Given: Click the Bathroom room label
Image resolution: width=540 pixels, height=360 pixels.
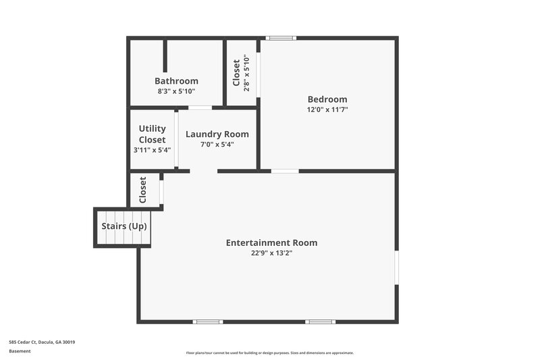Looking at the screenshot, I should (x=176, y=81).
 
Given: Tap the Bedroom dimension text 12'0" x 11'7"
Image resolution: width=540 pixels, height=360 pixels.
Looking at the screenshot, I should (x=327, y=109).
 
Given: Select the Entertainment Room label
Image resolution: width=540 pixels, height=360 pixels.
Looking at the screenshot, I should (x=271, y=242).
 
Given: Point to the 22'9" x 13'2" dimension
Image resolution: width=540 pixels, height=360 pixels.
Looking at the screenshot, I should (x=271, y=253).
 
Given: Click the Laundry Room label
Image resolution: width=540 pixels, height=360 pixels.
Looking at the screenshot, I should (x=217, y=134).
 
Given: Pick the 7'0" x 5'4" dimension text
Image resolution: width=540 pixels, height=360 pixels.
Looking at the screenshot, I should (x=217, y=144).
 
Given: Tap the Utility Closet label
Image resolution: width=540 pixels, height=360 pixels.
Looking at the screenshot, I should (x=153, y=134).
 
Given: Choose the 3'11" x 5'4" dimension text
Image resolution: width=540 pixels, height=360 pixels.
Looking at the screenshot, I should (x=153, y=150).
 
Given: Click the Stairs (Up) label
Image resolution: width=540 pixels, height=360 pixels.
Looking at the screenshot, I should (x=124, y=226).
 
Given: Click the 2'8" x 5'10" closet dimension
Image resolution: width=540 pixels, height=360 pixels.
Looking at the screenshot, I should (x=246, y=73).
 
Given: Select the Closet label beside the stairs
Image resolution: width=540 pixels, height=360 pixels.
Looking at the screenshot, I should (x=143, y=190).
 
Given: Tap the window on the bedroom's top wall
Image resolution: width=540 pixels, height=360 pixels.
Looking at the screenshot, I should (x=280, y=38).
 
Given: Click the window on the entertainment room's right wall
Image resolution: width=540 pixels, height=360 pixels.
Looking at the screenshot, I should (x=397, y=268).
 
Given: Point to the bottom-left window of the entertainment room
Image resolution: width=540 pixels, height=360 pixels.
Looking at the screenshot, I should (x=208, y=322).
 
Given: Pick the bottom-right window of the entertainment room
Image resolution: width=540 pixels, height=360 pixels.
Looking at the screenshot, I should (x=320, y=322).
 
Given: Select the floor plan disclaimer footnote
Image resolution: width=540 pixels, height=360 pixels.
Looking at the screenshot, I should (x=270, y=353).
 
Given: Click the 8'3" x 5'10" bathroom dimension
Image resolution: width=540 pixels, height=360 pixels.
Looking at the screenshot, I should (x=176, y=91).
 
